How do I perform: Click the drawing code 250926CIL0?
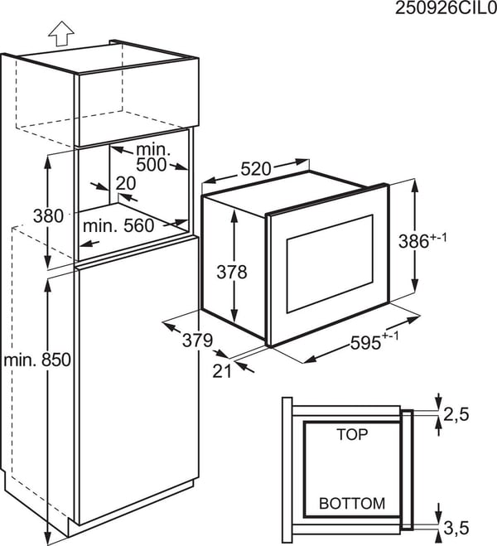click(x=446, y=8)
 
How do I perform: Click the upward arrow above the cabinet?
click(x=61, y=33)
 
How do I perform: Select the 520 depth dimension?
click(x=255, y=169)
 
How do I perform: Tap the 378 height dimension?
click(x=232, y=272)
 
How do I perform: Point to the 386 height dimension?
click(x=413, y=241)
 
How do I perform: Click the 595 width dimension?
click(x=365, y=343)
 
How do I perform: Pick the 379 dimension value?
click(x=197, y=341)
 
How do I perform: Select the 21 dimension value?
click(x=222, y=371)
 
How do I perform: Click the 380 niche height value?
click(x=48, y=216)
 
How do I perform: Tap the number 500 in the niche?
click(x=151, y=165)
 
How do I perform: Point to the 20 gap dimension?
click(x=126, y=183)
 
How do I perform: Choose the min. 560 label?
click(x=118, y=226)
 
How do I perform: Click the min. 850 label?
click(x=37, y=360)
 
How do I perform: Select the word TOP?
click(x=352, y=434)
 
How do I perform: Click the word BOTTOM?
click(x=352, y=504)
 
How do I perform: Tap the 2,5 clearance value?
click(x=456, y=414)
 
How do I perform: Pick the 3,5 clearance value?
click(x=456, y=527)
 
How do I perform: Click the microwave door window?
click(x=329, y=263)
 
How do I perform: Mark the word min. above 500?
click(x=153, y=150)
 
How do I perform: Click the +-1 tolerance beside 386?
click(x=438, y=238)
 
